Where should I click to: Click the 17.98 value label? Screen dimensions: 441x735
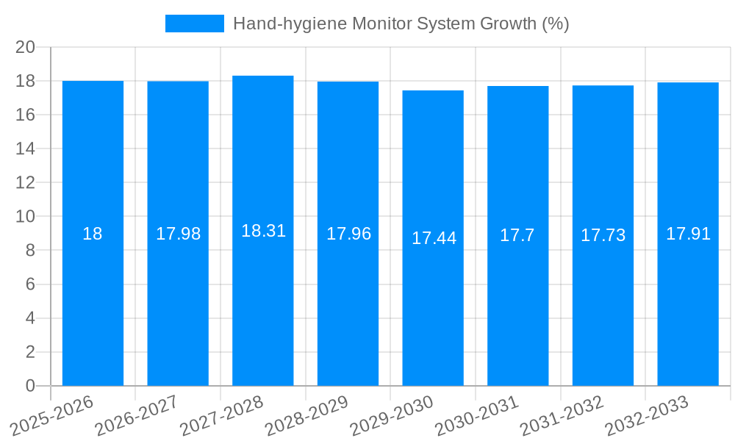[x=178, y=234]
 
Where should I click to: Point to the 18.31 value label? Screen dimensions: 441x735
[x=263, y=231]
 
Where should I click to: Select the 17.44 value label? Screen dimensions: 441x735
[x=434, y=238]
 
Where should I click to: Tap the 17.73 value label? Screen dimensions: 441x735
[x=603, y=235]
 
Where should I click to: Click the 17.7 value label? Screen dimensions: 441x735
[x=517, y=235]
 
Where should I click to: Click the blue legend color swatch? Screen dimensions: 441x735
[x=194, y=24]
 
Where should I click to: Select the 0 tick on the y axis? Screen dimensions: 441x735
[x=30, y=386]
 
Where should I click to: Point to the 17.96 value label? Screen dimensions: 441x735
[x=348, y=234]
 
